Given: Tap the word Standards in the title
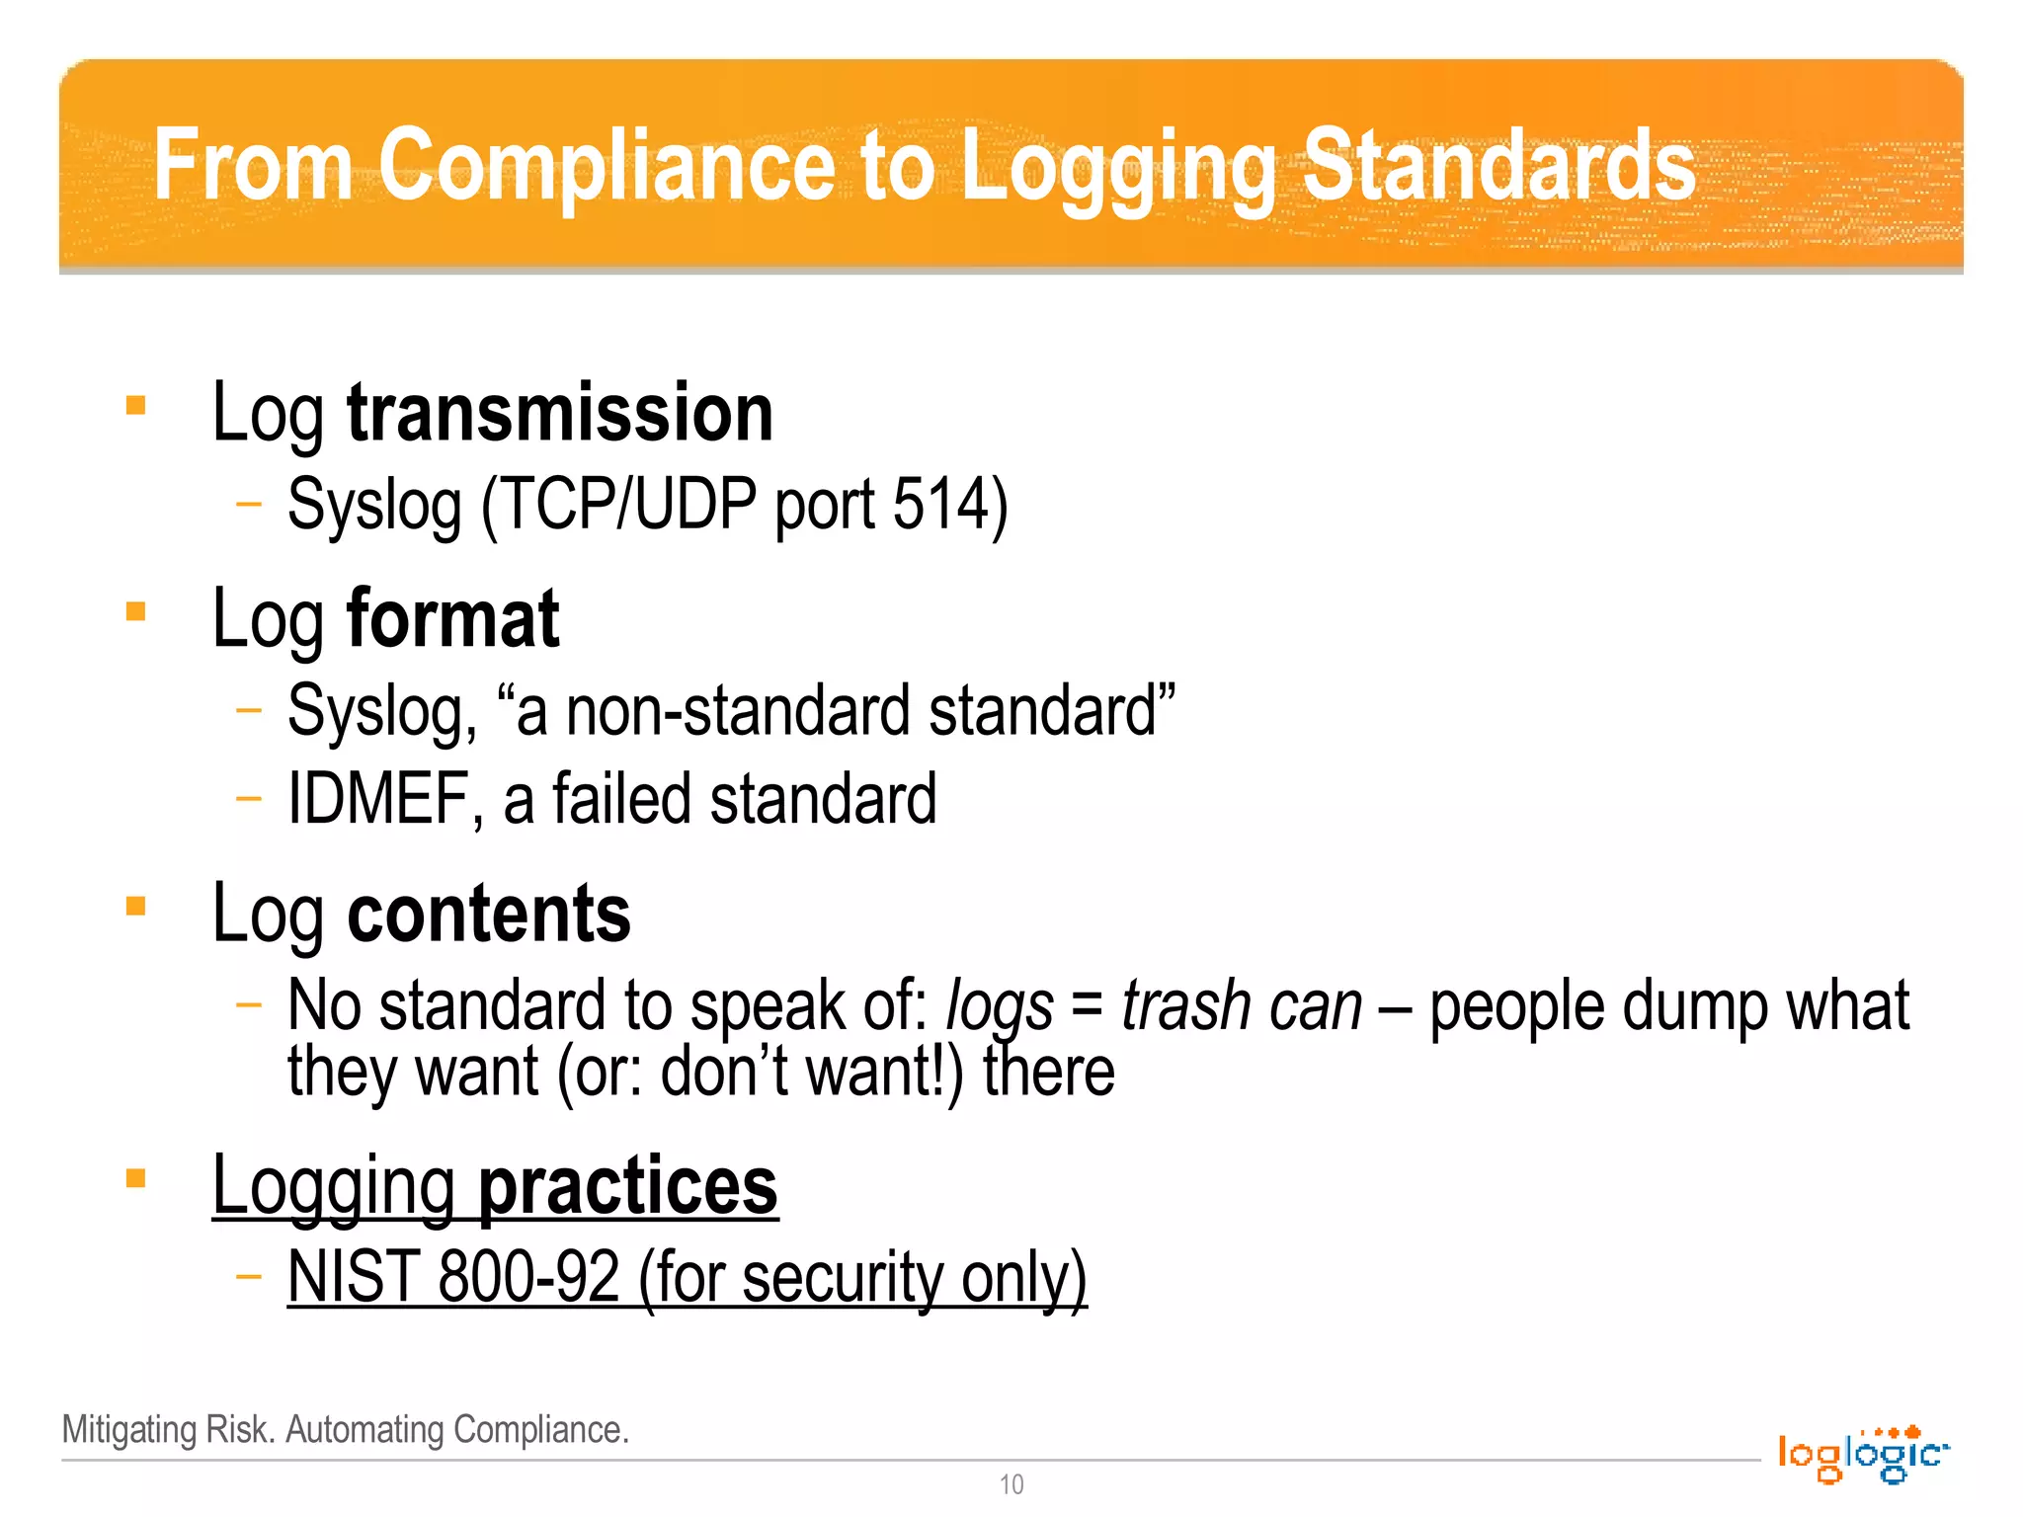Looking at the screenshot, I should click(x=1499, y=166).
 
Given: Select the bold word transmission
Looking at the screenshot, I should click(x=560, y=413).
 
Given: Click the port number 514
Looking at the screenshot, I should click(x=939, y=504).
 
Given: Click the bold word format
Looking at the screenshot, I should click(x=453, y=619).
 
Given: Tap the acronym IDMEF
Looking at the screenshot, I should click(x=378, y=799).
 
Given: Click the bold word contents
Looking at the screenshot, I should click(x=489, y=914).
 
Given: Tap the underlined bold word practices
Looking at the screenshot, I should click(x=628, y=1185).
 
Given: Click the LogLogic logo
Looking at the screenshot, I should click(x=1863, y=1454).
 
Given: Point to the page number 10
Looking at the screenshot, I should click(x=1011, y=1484).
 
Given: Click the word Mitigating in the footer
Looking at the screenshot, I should click(x=129, y=1429).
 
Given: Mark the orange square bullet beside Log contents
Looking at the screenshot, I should click(x=136, y=906).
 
